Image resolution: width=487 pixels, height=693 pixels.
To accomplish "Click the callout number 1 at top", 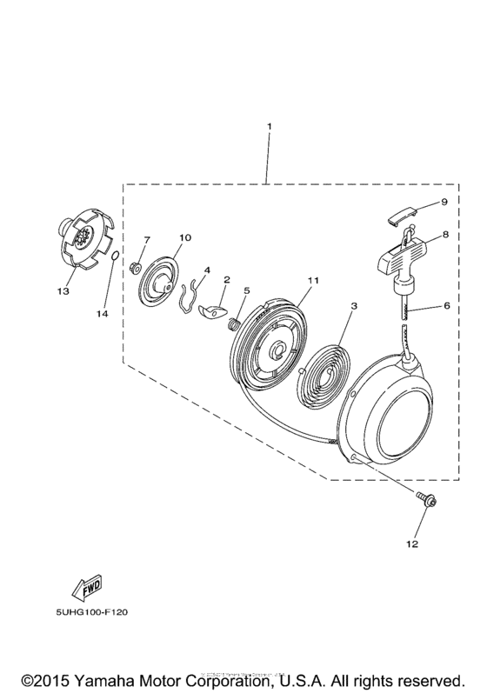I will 269,127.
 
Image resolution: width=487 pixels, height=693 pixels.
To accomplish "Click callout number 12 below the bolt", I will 411,544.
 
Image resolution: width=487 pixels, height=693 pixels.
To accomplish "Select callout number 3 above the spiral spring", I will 354,306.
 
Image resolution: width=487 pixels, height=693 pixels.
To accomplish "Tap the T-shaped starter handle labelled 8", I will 394,257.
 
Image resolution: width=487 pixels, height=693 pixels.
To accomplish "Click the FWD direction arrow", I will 88,590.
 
